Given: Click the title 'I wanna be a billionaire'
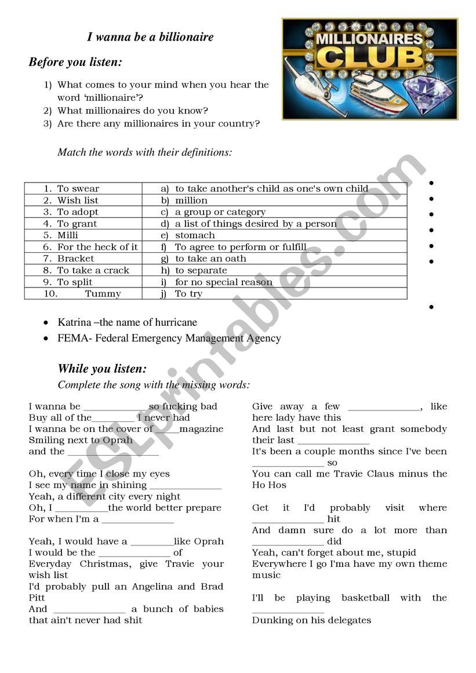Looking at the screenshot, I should pyautogui.click(x=150, y=37).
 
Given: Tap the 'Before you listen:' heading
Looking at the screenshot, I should pyautogui.click(x=75, y=62).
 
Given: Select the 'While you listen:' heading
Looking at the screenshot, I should pyautogui.click(x=102, y=369).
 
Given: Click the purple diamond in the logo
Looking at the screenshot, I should pyautogui.click(x=427, y=92).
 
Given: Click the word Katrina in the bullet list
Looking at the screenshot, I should pyautogui.click(x=74, y=322).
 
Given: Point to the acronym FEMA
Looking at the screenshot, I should pyautogui.click(x=71, y=338).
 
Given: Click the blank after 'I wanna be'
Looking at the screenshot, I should pyautogui.click(x=114, y=407).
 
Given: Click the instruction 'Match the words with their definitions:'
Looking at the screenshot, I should pyautogui.click(x=144, y=152).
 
